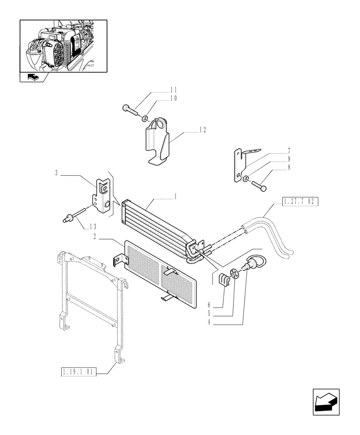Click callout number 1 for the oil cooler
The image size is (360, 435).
point(175,197)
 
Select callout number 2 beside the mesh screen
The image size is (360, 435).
point(94,237)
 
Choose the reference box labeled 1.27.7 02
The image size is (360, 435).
point(300,201)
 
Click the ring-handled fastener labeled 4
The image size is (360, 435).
point(251,264)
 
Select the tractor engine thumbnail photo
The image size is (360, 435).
point(63,45)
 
